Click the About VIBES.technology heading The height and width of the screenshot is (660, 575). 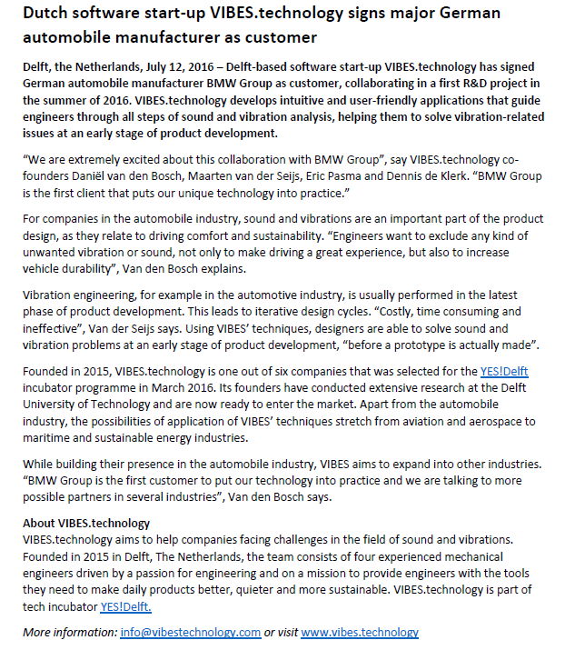tap(86, 524)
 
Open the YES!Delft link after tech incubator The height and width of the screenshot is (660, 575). tap(125, 606)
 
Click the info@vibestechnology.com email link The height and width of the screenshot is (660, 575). tap(190, 633)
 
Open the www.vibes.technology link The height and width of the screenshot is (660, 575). tap(360, 633)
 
